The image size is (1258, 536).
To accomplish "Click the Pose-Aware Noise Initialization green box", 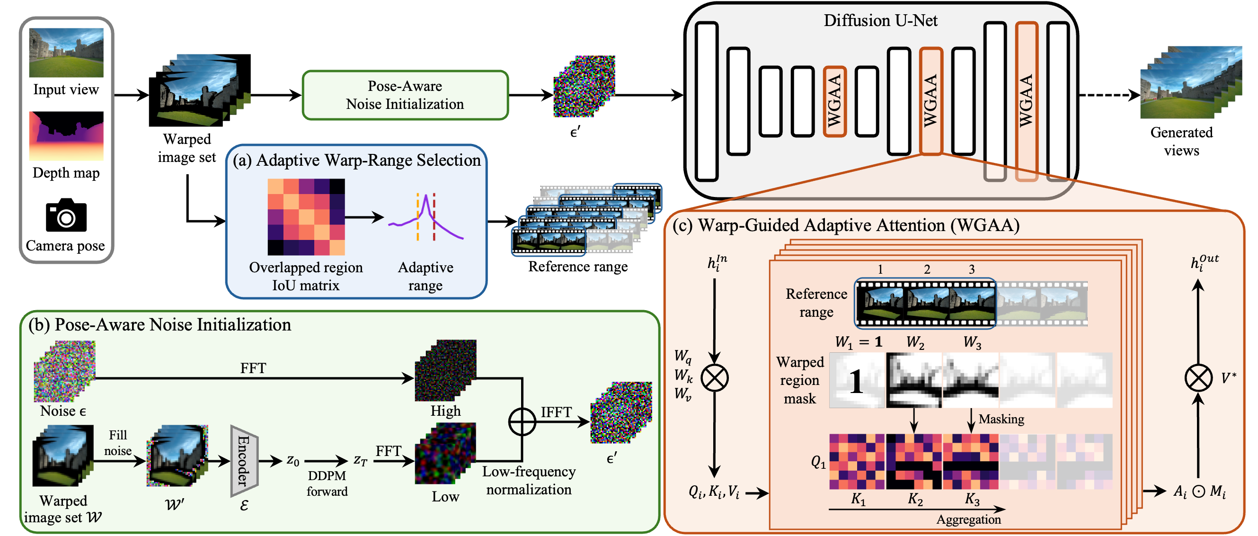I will click(405, 95).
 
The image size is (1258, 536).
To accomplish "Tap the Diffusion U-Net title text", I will click(880, 20).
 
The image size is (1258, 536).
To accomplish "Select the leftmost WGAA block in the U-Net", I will click(834, 101).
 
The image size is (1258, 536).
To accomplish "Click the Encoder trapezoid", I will click(244, 461).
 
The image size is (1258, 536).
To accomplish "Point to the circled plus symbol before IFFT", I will click(522, 422).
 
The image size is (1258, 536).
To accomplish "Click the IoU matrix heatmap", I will click(306, 217).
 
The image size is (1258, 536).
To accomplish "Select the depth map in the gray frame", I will click(66, 136).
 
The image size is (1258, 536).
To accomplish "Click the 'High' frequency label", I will click(445, 411).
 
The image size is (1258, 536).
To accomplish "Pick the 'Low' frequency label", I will click(445, 496).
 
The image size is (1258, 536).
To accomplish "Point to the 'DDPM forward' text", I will click(327, 483).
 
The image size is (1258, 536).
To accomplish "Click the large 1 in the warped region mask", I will click(856, 382).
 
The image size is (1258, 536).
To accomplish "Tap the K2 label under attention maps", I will click(915, 499).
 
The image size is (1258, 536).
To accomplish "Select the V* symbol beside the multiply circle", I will click(1228, 378).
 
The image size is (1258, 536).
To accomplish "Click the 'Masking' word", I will click(1001, 419).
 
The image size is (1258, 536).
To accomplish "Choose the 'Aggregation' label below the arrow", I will click(968, 519).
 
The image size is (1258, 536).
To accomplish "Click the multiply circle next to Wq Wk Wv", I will click(715, 378).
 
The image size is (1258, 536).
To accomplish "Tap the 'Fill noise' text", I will click(118, 443).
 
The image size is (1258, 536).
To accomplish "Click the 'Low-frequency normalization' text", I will click(528, 480).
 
